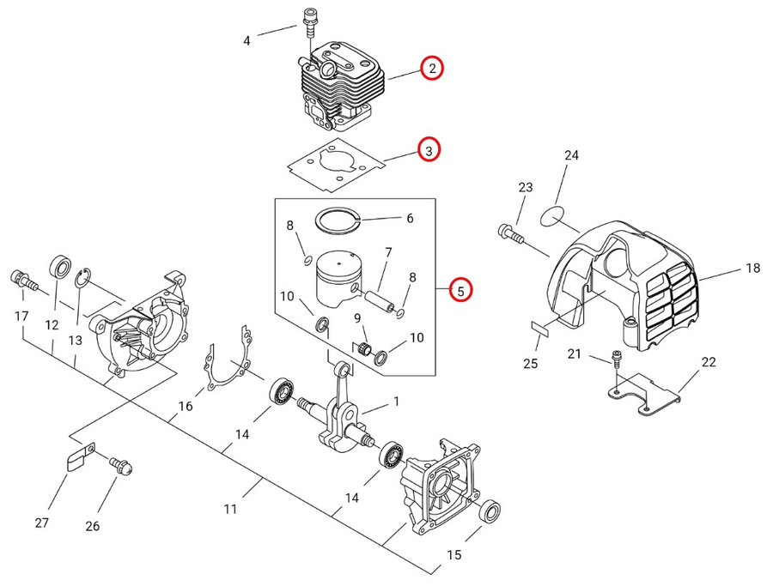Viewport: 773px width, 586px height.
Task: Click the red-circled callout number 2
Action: (x=432, y=69)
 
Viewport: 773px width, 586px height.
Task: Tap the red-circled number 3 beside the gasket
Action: (x=429, y=150)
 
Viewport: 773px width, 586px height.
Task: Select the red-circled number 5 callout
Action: (x=460, y=290)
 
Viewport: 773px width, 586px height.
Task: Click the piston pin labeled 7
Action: (x=379, y=300)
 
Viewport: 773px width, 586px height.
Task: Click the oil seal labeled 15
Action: (x=490, y=510)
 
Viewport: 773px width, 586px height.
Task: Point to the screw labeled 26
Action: (x=120, y=464)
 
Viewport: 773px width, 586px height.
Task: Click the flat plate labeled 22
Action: (x=642, y=394)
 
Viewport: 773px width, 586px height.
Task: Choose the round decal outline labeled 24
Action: (x=551, y=217)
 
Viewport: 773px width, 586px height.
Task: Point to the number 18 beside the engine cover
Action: (x=752, y=269)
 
